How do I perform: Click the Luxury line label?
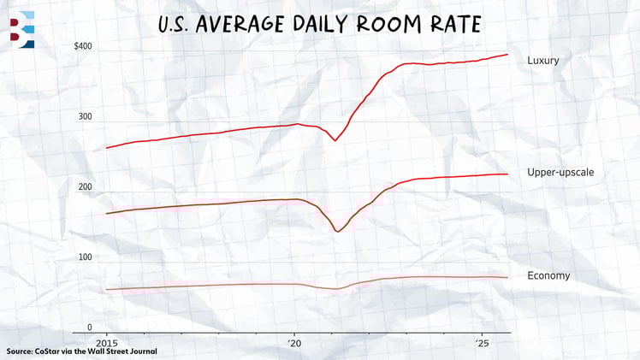(x=542, y=60)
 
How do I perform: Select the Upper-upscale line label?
(x=560, y=173)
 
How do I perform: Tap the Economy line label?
(x=548, y=275)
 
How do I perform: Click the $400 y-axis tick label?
(x=82, y=45)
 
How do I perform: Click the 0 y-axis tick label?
(x=89, y=327)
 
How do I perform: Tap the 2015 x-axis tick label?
(x=106, y=341)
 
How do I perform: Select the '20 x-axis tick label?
(x=295, y=341)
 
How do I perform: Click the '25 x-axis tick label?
(x=483, y=341)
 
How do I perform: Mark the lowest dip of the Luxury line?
(x=334, y=139)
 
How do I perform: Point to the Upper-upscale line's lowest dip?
(x=337, y=231)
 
